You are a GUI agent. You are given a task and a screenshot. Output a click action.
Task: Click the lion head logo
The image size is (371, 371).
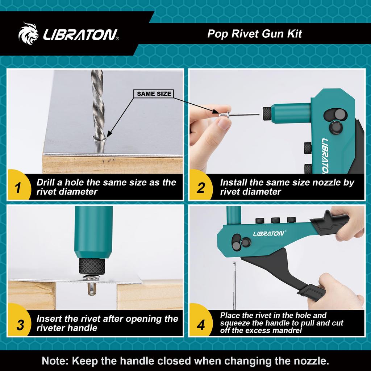[28, 34]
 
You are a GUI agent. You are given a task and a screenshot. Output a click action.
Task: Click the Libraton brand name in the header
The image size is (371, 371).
[80, 35]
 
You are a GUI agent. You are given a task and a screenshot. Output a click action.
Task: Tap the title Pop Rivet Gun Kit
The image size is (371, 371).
[254, 34]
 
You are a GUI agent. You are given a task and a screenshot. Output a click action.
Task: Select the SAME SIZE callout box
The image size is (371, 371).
[154, 94]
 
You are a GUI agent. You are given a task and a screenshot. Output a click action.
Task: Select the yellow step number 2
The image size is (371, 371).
[200, 188]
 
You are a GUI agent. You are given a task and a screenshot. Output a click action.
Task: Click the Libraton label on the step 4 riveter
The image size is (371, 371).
[268, 234]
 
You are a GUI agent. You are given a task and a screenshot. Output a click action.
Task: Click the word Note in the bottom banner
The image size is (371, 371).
[55, 361]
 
